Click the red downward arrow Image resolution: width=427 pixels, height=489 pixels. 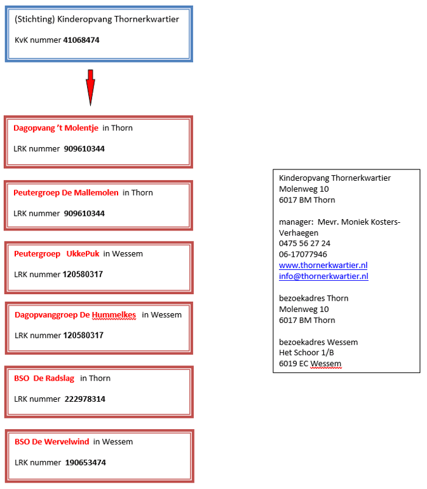point(90,87)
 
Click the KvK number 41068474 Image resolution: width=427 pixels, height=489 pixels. point(81,40)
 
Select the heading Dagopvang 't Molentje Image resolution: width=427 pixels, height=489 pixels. point(56,128)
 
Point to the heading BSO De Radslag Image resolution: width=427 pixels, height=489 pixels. point(44,378)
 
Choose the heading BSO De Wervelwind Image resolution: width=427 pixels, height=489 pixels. point(51,442)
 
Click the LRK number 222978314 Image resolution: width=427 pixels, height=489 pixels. point(85,399)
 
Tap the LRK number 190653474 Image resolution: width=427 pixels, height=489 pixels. point(86,462)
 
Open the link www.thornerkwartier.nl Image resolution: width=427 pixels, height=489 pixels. point(323,266)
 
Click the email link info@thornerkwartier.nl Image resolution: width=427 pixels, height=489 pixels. point(323,276)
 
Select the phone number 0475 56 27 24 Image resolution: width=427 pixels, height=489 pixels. point(304,243)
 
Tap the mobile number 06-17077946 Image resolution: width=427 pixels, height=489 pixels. point(303,254)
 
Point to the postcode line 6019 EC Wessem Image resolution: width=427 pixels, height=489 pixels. point(310,364)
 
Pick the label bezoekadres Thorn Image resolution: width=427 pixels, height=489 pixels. point(313,298)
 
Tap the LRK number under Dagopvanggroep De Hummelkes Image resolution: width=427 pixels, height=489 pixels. point(83,336)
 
